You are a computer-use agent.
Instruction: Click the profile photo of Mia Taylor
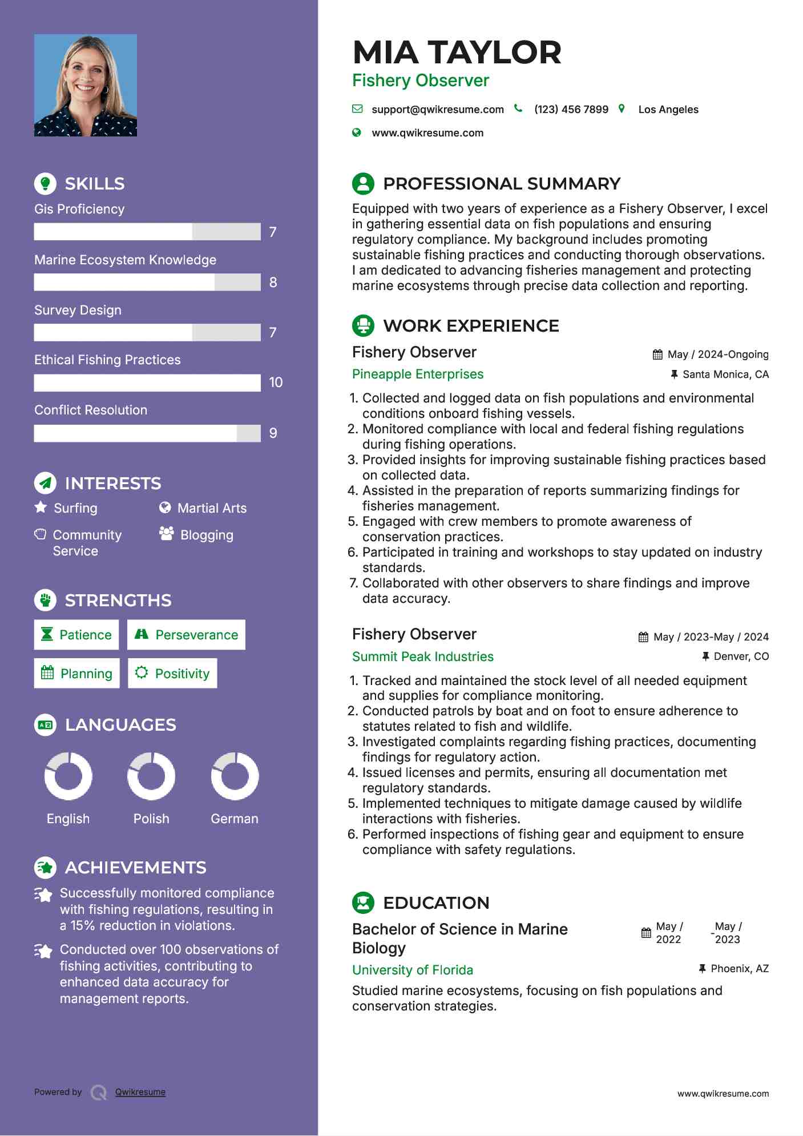pyautogui.click(x=86, y=85)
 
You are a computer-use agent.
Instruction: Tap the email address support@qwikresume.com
pyautogui.click(x=437, y=109)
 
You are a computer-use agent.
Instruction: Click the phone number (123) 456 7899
pyautogui.click(x=571, y=109)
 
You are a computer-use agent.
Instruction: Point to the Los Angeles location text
pyautogui.click(x=668, y=109)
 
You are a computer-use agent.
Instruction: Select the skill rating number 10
pyautogui.click(x=276, y=382)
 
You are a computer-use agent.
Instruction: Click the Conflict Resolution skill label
pyautogui.click(x=91, y=410)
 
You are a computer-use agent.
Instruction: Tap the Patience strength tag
pyautogui.click(x=76, y=635)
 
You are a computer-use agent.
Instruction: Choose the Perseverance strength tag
pyautogui.click(x=187, y=635)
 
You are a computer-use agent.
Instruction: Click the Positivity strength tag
pyautogui.click(x=173, y=674)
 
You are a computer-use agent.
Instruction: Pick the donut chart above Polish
pyautogui.click(x=151, y=776)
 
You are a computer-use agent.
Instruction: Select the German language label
pyautogui.click(x=235, y=819)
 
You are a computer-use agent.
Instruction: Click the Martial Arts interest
pyautogui.click(x=212, y=508)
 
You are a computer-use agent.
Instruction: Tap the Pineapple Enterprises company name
pyautogui.click(x=418, y=374)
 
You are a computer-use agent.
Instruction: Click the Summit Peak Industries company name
pyautogui.click(x=423, y=656)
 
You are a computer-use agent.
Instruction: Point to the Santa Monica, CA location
pyautogui.click(x=725, y=374)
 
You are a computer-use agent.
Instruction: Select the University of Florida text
pyautogui.click(x=413, y=970)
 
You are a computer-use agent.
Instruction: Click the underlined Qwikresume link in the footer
pyautogui.click(x=140, y=1092)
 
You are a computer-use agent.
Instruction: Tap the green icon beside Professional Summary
pyautogui.click(x=363, y=183)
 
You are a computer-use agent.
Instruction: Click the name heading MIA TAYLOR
pyautogui.click(x=457, y=52)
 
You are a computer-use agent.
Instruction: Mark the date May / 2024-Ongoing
pyautogui.click(x=717, y=355)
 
